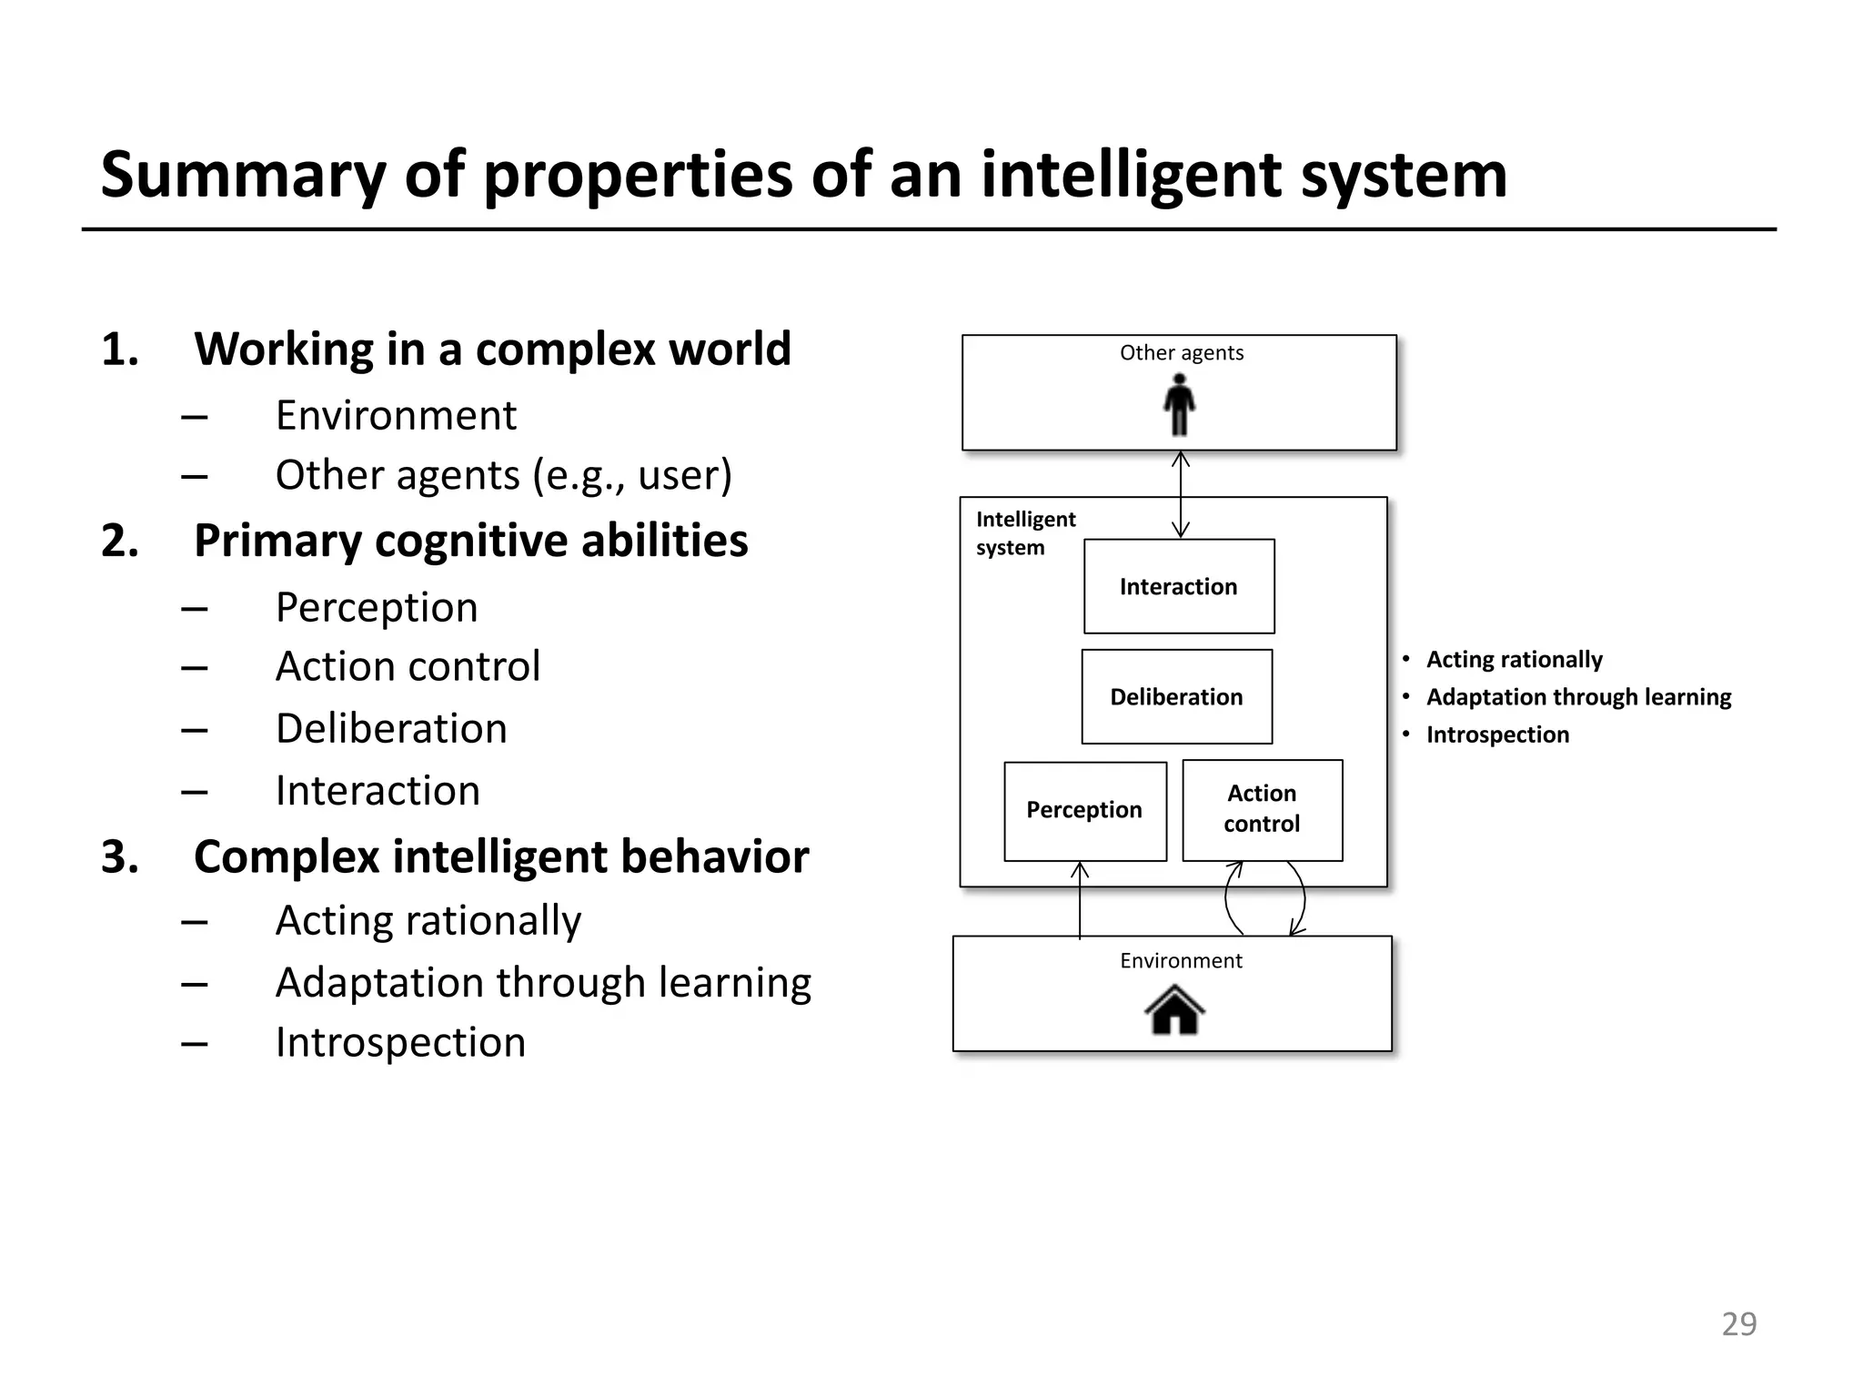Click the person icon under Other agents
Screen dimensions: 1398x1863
[1179, 405]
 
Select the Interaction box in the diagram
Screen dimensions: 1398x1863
[1179, 586]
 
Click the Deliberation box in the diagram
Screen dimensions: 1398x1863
[1176, 696]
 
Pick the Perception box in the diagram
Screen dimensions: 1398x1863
[1084, 810]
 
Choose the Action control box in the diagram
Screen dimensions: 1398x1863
[1262, 809]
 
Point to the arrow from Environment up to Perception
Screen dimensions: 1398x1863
[1080, 901]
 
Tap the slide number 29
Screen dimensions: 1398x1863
[1738, 1323]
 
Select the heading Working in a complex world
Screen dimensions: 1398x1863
[492, 349]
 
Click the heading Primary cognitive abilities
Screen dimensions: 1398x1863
[470, 541]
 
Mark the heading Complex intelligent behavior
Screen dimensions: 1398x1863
[500, 856]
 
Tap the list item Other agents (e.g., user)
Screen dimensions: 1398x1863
[503, 475]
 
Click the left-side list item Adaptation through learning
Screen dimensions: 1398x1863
[543, 983]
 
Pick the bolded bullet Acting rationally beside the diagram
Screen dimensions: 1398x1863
[1514, 659]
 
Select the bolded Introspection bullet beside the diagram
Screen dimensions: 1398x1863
[1497, 734]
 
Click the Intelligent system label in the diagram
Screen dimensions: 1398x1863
[1024, 532]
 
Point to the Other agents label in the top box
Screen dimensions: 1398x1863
[1181, 353]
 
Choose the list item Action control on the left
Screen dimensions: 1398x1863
[408, 666]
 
